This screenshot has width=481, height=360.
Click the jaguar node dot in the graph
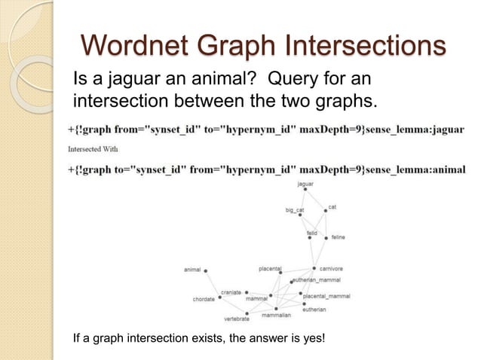[x=305, y=190]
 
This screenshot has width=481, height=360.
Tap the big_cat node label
[x=294, y=210]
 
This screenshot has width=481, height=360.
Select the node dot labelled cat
[x=326, y=211]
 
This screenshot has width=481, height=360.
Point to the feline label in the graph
[x=338, y=237]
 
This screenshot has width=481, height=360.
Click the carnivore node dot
[x=314, y=269]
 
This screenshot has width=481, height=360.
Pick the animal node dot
[x=205, y=270]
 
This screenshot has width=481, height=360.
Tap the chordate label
[x=204, y=299]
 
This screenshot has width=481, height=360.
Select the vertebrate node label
[x=237, y=319]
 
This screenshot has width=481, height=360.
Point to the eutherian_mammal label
[x=317, y=279]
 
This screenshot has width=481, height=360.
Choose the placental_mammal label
[x=326, y=296]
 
